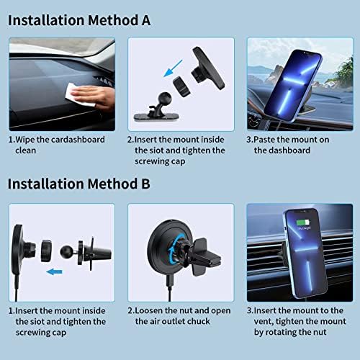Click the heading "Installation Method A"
pyautogui.click(x=79, y=20)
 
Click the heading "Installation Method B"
pyautogui.click(x=79, y=184)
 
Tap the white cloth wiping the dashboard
pyautogui.click(x=79, y=95)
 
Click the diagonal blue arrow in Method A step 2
pyautogui.click(x=173, y=68)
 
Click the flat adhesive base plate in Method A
pyautogui.click(x=156, y=117)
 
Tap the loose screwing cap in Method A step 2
pyautogui.click(x=181, y=86)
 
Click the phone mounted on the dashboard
pyautogui.click(x=293, y=86)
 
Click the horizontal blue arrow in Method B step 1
pyautogui.click(x=55, y=272)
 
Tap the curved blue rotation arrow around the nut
pyautogui.click(x=176, y=250)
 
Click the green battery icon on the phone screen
pyautogui.click(x=302, y=222)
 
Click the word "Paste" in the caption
pyautogui.click(x=264, y=140)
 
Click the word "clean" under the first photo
pyautogui.click(x=26, y=150)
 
